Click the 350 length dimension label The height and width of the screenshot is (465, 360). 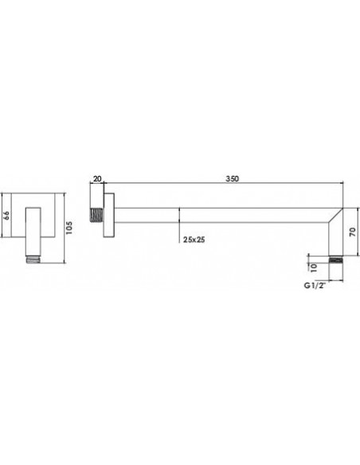click(x=233, y=179)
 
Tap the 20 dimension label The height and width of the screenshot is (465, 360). click(x=97, y=179)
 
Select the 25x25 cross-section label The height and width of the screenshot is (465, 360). click(x=194, y=240)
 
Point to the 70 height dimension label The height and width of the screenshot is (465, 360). click(x=352, y=232)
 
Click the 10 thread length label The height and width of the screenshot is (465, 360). click(x=314, y=268)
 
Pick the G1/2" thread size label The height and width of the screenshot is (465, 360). click(x=315, y=286)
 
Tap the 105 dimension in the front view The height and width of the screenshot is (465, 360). click(x=69, y=228)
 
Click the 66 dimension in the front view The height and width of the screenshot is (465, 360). click(x=6, y=215)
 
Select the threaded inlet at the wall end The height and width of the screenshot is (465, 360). click(x=96, y=215)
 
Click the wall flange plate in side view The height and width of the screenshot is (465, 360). click(x=109, y=215)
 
